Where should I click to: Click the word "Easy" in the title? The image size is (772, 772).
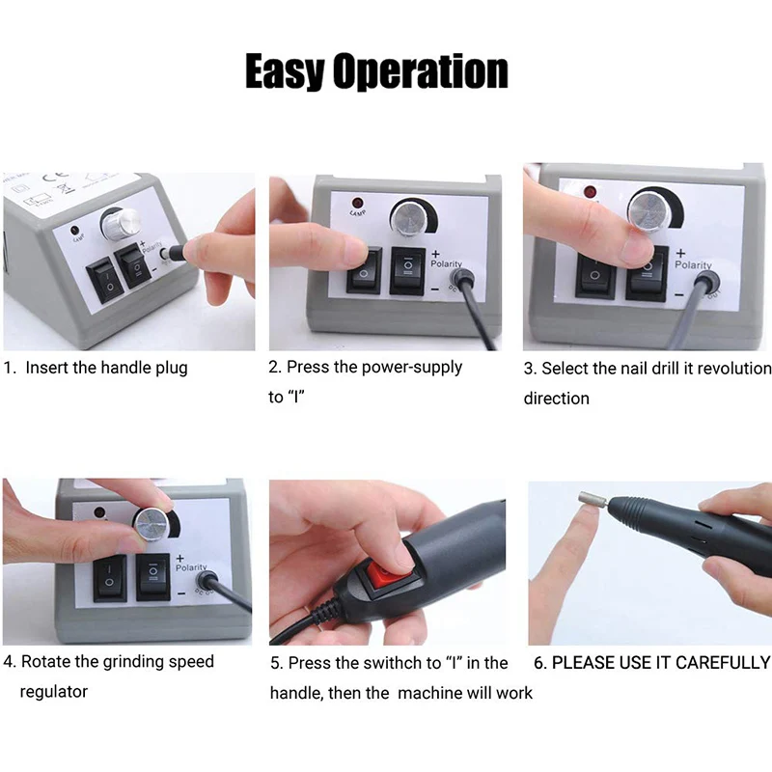284,71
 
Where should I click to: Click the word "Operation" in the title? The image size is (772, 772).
421,71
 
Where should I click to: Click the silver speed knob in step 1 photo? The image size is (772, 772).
121,224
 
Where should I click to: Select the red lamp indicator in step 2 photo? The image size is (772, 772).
357,203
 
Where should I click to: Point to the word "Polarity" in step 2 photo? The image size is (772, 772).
446,263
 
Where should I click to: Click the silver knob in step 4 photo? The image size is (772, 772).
152,524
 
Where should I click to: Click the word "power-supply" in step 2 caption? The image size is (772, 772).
413,368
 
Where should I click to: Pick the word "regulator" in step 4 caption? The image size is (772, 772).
54,692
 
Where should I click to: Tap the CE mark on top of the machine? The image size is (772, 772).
55,178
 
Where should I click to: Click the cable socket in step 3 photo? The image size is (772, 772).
706,284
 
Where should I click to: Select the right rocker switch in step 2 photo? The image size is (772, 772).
407,271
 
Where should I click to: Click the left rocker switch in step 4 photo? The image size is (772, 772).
110,577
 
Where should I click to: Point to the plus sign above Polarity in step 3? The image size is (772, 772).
680,253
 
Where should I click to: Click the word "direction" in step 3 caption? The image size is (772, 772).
557,399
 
